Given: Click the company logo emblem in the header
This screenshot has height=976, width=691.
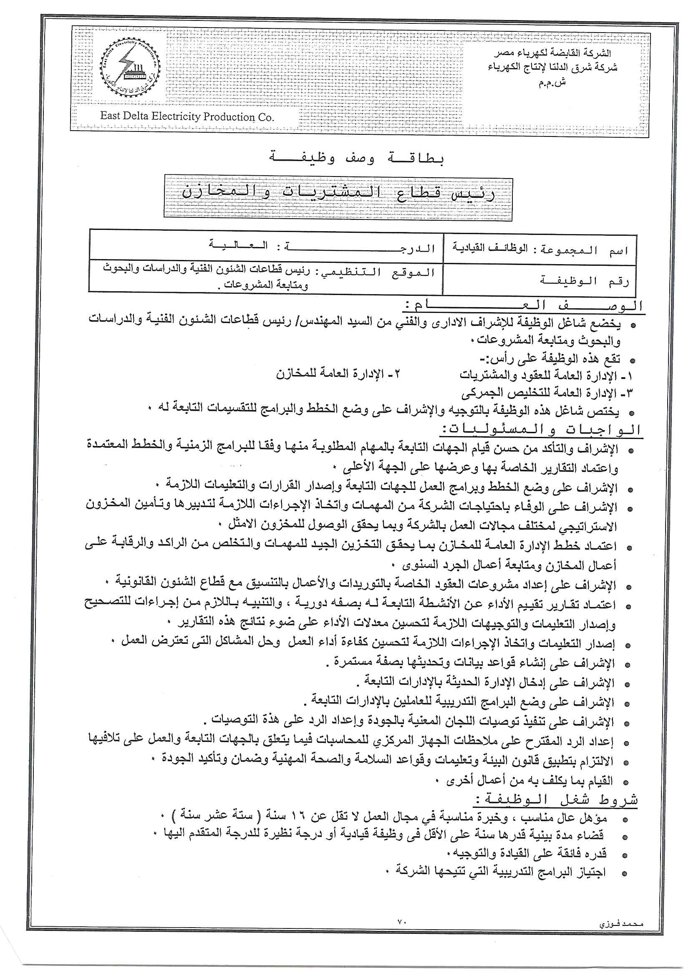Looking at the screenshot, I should click(x=131, y=67).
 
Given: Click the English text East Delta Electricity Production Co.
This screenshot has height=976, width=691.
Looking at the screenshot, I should click(x=187, y=116).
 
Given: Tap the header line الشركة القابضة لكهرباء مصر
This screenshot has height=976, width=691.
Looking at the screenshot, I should click(x=552, y=53).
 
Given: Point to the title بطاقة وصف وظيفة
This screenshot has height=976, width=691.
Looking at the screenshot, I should click(x=357, y=158).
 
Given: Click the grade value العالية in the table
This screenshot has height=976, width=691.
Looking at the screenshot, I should click(x=238, y=246).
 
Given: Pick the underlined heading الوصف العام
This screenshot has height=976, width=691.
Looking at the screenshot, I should click(x=523, y=306).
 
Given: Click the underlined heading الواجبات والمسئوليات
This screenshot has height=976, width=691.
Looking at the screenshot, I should click(x=540, y=430).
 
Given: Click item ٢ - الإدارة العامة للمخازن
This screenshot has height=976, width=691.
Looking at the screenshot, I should click(x=338, y=374).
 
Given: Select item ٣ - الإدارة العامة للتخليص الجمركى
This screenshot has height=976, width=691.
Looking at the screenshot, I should click(x=547, y=392).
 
